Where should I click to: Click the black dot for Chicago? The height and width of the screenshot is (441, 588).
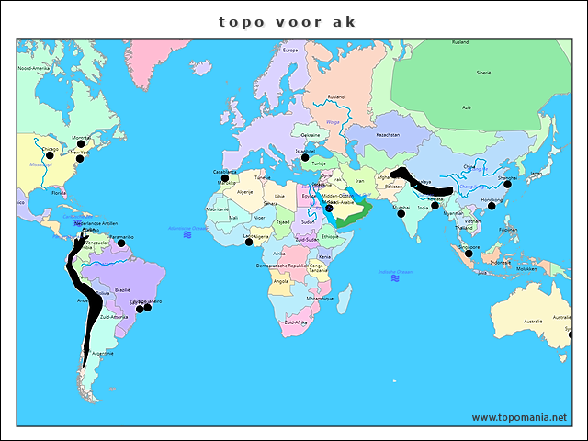50,155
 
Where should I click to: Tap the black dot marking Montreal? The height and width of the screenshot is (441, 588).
81,144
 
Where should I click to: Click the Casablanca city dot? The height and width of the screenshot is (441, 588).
225,178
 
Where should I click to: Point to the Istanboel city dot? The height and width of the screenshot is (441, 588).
305,157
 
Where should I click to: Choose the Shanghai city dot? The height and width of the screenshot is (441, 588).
507,185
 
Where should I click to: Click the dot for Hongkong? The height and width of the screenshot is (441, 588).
492,206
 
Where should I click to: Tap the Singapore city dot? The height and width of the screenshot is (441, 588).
468,252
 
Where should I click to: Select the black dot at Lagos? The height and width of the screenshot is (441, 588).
248,242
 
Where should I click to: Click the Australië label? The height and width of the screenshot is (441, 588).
534,320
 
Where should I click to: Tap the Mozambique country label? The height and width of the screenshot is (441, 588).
320,299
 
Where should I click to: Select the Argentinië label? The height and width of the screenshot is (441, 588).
103,353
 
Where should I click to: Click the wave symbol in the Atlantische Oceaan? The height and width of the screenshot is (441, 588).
187,235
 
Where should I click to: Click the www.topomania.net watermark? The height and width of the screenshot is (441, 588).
519,417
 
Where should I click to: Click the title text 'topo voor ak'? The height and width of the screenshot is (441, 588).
287,21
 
